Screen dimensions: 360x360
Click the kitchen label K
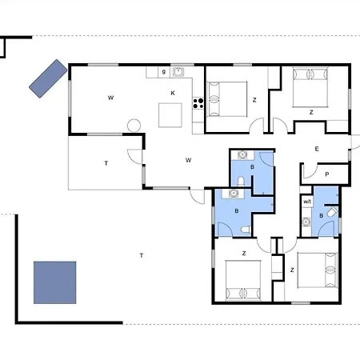tap(173, 93)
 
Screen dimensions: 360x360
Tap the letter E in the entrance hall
tap(317, 149)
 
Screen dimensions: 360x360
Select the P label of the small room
tap(327, 174)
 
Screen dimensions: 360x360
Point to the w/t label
tap(307, 202)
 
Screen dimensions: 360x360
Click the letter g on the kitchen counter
tap(164, 72)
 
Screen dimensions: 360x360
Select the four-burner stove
tap(198, 103)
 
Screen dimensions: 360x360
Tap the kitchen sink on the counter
tap(178, 72)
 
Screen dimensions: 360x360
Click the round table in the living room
tap(134, 126)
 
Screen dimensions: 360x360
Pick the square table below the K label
tap(170, 115)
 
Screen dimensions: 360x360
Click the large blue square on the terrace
tap(55, 282)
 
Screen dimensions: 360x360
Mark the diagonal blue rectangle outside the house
tap(48, 78)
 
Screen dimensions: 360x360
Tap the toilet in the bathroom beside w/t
tap(332, 212)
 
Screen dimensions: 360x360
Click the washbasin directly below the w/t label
tap(306, 222)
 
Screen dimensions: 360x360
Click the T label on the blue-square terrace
tap(142, 255)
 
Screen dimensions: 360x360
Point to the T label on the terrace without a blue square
tap(106, 163)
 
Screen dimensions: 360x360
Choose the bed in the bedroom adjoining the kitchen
tap(227, 99)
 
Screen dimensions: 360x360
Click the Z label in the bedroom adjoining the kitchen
tap(254, 100)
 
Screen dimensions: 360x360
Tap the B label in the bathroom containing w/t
tap(322, 215)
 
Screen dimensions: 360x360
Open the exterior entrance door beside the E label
tap(355, 142)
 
